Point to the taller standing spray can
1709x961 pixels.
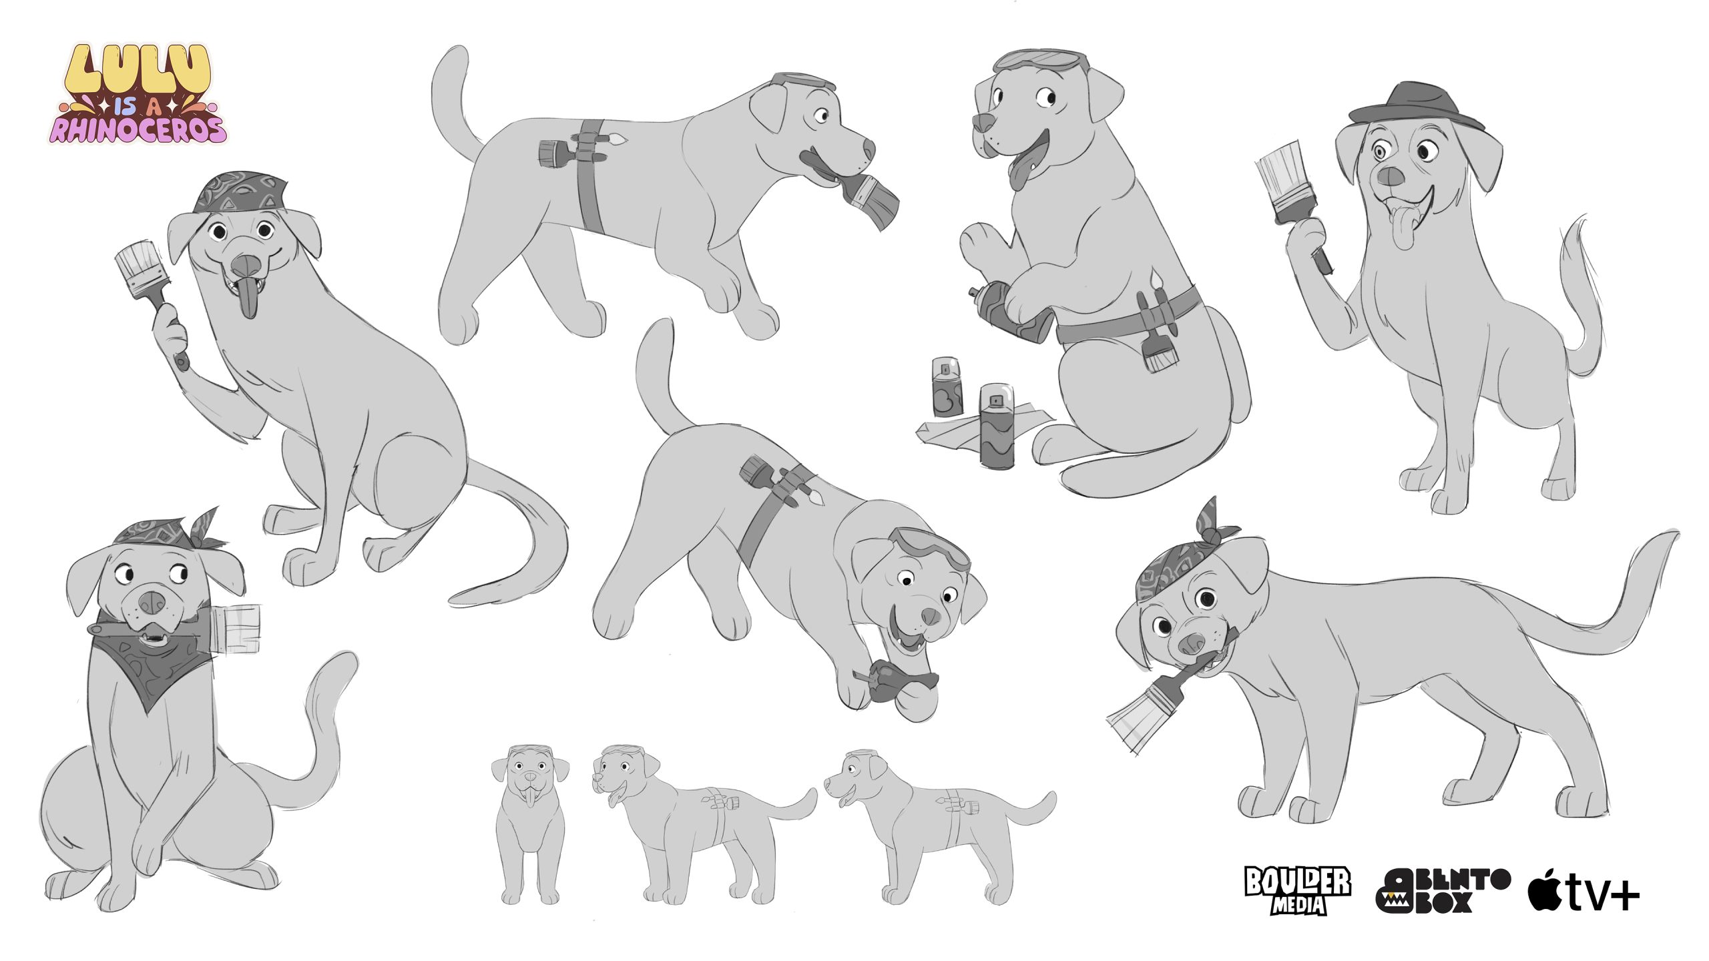[x=997, y=426]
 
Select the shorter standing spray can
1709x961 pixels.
[x=947, y=387]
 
